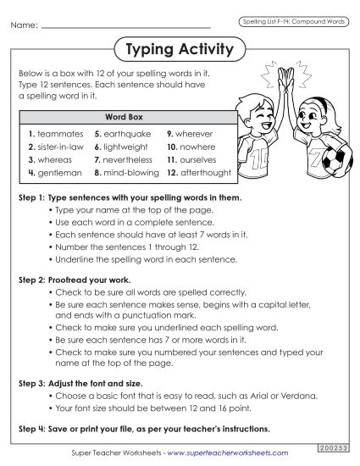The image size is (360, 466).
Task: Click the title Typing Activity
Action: tap(179, 50)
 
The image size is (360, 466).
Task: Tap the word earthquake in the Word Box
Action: tap(127, 134)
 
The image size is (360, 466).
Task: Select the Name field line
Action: tap(127, 27)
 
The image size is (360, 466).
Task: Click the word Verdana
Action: tap(298, 395)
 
